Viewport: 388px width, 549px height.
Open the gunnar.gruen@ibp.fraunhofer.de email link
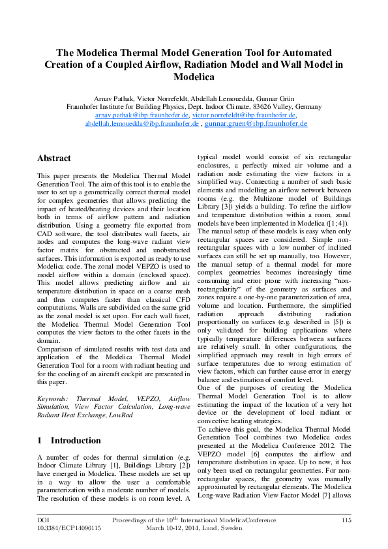click(x=256, y=123)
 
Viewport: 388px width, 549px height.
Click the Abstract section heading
click(x=54, y=158)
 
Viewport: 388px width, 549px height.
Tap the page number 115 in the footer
click(x=346, y=520)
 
